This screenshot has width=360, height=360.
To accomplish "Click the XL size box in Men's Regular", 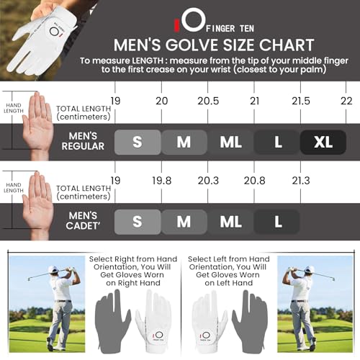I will [323, 141].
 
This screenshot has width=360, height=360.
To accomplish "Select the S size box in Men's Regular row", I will [137, 141].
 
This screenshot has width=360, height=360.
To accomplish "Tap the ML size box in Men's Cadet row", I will [230, 221].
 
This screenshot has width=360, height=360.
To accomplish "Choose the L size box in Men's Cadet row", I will [276, 221].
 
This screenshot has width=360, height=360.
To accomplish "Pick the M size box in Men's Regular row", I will [184, 141].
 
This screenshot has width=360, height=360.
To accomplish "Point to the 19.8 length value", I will [163, 181].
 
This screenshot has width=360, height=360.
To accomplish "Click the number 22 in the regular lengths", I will [346, 102].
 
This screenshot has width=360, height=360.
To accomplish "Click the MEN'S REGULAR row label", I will [82, 141].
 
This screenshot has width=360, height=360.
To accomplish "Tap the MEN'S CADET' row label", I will [82, 221].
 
